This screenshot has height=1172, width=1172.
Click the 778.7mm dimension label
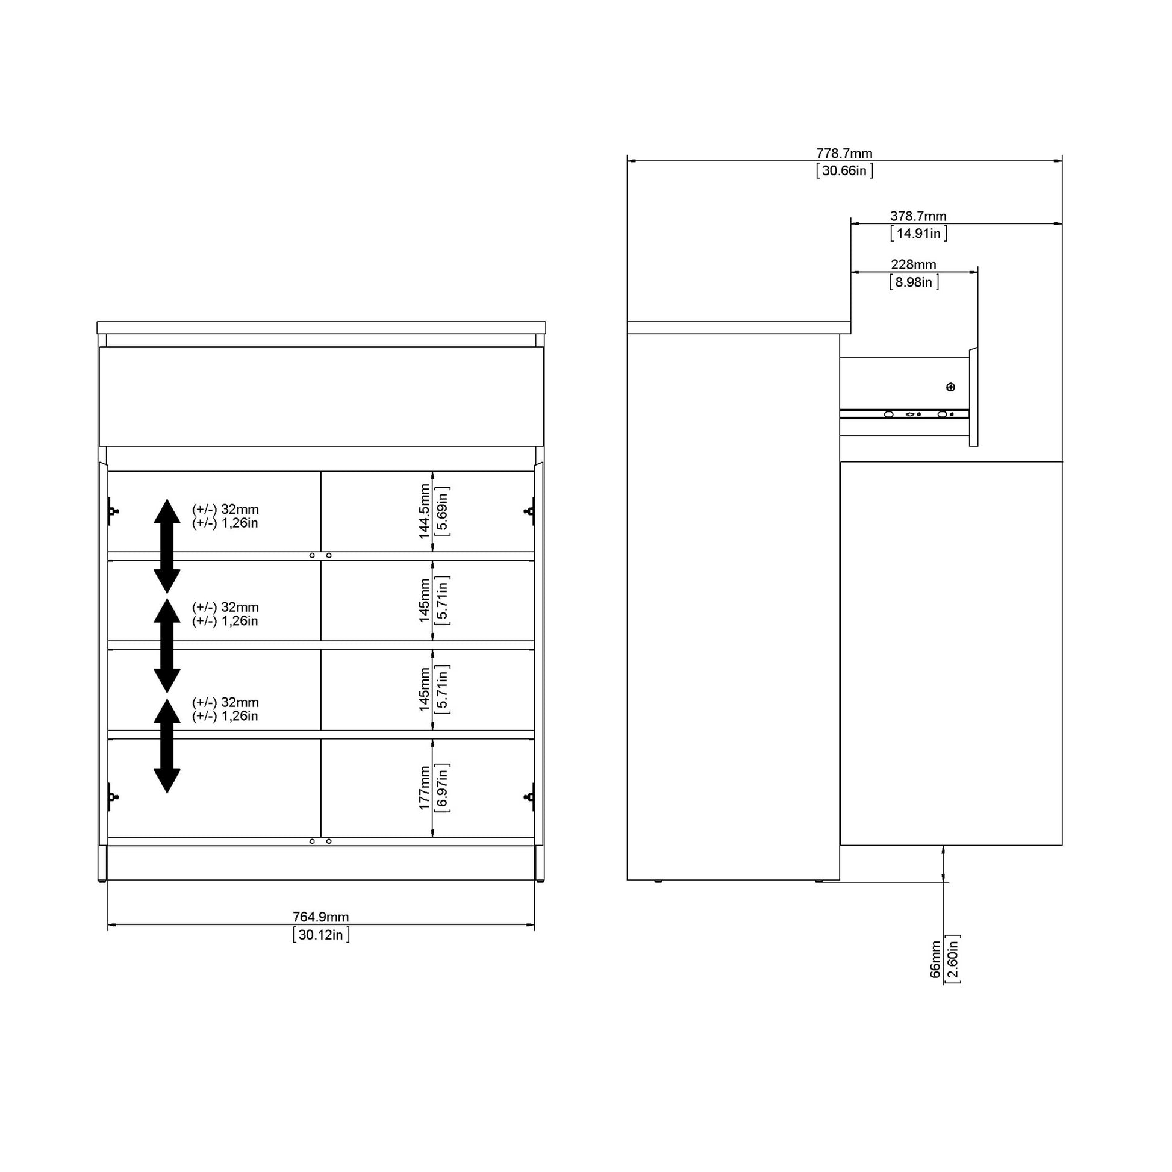(x=844, y=154)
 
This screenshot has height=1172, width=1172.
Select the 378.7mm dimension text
(x=918, y=216)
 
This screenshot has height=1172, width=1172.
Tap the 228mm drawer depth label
(x=913, y=264)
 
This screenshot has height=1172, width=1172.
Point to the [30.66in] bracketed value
(x=844, y=170)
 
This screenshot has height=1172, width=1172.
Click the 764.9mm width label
(x=321, y=917)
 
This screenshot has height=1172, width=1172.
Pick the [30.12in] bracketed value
(x=321, y=934)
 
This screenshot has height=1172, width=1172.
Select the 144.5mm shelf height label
(x=425, y=511)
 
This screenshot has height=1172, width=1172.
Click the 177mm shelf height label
(x=425, y=787)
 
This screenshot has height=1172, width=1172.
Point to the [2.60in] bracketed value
(x=953, y=959)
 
